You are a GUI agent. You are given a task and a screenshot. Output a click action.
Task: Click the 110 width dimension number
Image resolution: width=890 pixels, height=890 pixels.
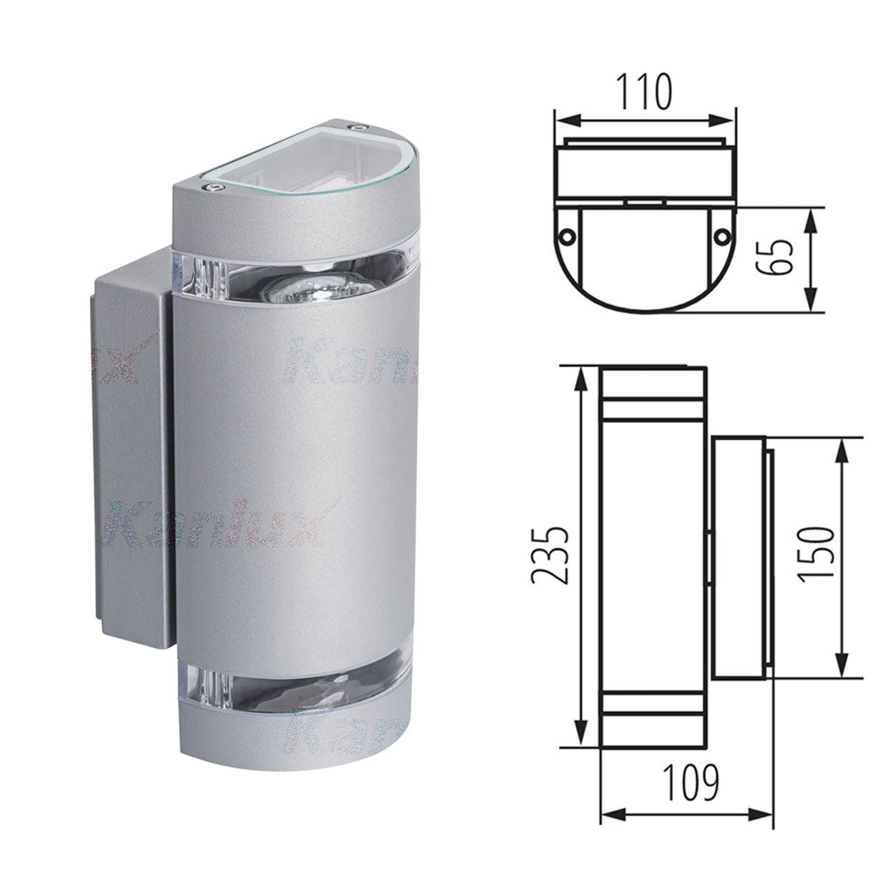coord(645,92)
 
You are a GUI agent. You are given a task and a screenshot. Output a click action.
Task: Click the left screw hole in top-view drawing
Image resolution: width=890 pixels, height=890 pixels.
coord(566,236)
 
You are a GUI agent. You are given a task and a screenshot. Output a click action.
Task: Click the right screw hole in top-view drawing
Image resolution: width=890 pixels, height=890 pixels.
coord(724,236)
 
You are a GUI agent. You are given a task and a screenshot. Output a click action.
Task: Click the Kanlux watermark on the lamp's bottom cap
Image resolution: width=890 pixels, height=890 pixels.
coord(347,734)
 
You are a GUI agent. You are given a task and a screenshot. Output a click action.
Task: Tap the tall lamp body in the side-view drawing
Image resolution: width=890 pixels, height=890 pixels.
coord(653,556)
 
